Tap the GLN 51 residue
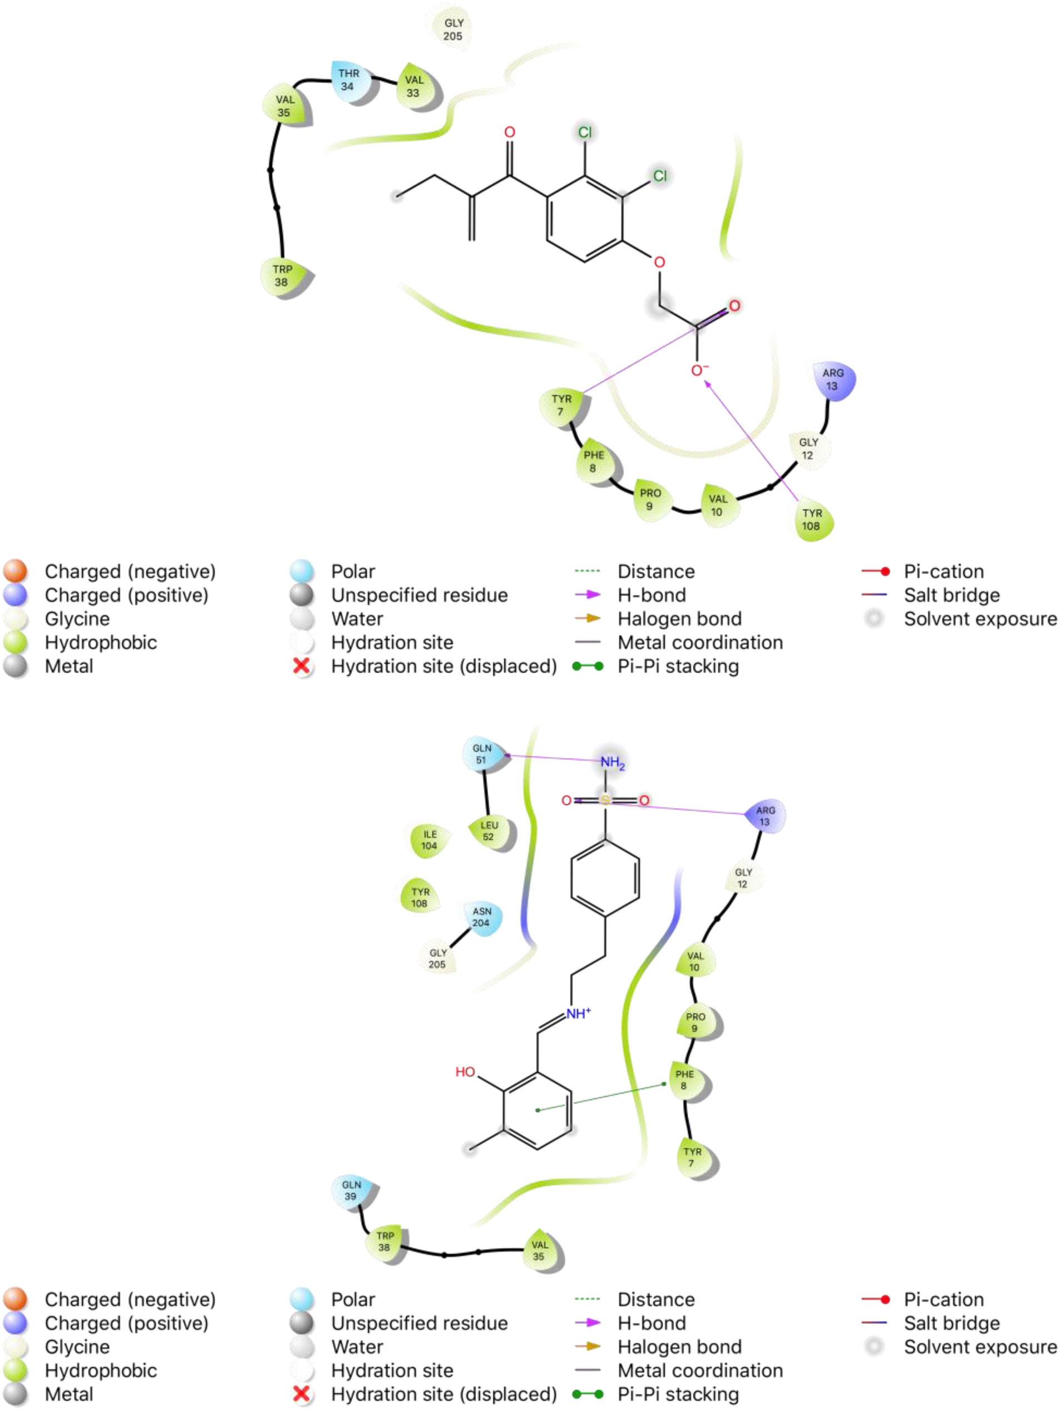pos(481,754)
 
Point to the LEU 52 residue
pos(489,831)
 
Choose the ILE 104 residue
pos(430,840)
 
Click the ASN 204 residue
pos(481,917)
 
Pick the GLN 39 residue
pos(351,1191)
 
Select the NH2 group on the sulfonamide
pos(612,762)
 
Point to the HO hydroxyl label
pos(465,1072)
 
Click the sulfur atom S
pos(605,800)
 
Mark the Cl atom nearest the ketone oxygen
pos(584,132)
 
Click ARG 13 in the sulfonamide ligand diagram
pos(765,816)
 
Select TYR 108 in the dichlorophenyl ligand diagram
pos(811,520)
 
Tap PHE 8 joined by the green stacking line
pos(684,1080)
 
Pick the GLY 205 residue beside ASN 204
pos(438,958)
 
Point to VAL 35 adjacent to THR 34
pos(284,106)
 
